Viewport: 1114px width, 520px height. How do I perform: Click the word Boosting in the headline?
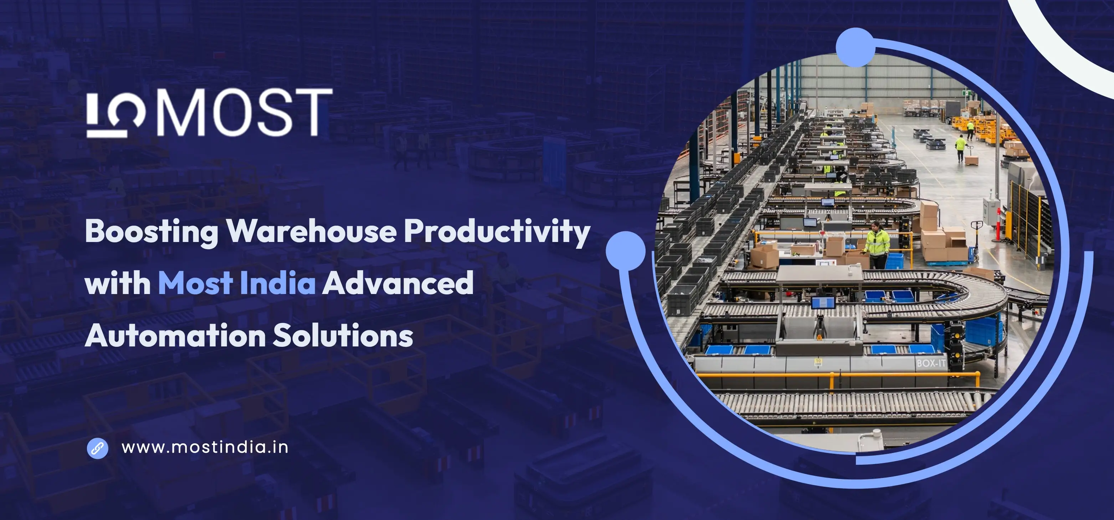pyautogui.click(x=152, y=232)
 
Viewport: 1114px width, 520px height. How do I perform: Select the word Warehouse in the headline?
pyautogui.click(x=311, y=231)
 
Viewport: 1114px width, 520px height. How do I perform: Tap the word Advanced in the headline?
pyautogui.click(x=398, y=283)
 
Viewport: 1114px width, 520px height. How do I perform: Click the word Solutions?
pyautogui.click(x=343, y=335)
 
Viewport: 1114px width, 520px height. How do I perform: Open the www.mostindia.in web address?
pyautogui.click(x=205, y=448)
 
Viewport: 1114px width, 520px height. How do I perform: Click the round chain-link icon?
pyautogui.click(x=98, y=448)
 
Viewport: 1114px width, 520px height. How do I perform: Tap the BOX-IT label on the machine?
pyautogui.click(x=931, y=363)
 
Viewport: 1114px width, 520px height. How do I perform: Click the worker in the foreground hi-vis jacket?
pyautogui.click(x=877, y=244)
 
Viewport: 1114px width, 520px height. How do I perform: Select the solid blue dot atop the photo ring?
pyautogui.click(x=856, y=47)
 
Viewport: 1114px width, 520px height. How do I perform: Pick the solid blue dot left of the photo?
pyautogui.click(x=625, y=251)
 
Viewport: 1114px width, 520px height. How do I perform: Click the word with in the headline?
pyautogui.click(x=118, y=283)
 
